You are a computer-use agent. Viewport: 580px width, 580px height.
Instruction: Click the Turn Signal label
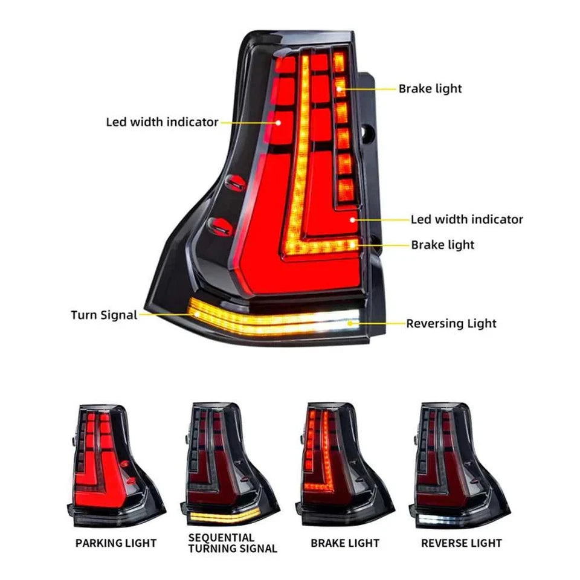click(104, 315)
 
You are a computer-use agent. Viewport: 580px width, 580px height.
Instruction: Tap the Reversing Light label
click(451, 323)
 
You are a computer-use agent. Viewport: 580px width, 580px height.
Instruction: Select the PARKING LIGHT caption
click(116, 543)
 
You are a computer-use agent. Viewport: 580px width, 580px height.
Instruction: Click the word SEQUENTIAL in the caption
click(221, 537)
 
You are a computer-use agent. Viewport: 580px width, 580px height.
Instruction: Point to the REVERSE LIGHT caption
click(462, 543)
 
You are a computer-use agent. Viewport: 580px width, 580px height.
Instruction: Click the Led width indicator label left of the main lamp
click(162, 122)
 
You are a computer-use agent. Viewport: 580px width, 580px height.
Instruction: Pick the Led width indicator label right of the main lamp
click(467, 219)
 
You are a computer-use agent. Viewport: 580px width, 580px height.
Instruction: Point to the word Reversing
click(431, 323)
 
